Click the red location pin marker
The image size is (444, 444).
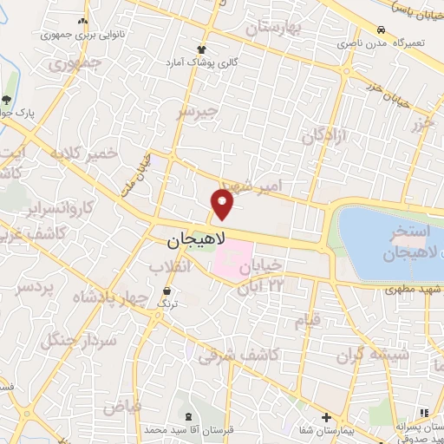coord(223,206)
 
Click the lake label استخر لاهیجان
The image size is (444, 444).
coord(402,244)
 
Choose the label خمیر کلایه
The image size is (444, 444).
coord(83,153)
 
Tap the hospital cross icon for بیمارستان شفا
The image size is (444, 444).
coord(326,416)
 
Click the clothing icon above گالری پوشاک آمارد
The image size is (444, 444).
coord(202,49)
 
